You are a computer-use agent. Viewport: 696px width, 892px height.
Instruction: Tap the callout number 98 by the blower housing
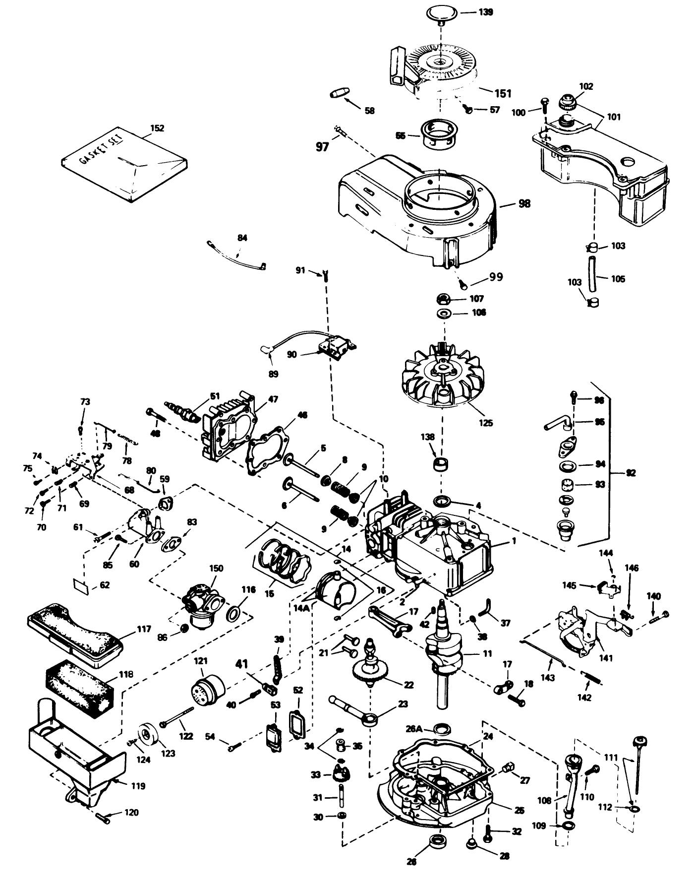(x=524, y=203)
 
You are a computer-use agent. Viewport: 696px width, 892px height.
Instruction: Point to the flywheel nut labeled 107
(x=444, y=299)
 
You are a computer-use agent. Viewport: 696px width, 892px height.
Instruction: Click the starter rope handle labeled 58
(x=340, y=94)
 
